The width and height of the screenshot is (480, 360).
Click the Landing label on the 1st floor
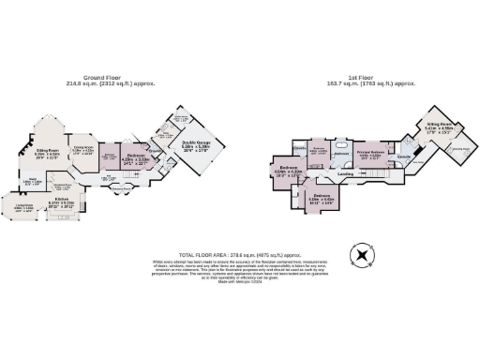(345, 174)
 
